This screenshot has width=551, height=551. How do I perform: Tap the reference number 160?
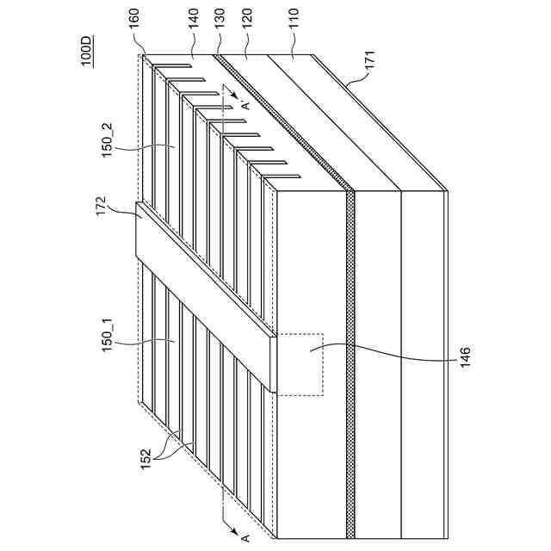click(x=134, y=42)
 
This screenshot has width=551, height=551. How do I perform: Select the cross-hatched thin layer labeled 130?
click(x=350, y=344)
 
